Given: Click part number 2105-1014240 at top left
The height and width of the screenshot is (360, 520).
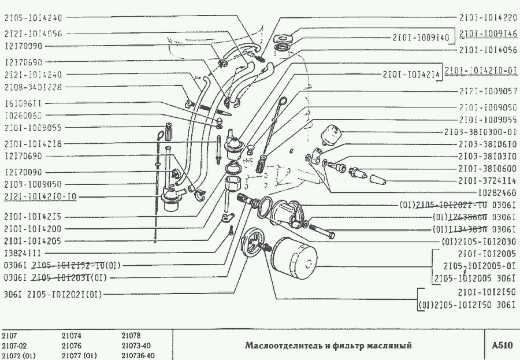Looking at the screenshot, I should [x=33, y=18].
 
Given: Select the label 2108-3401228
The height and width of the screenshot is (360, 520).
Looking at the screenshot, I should [x=33, y=87].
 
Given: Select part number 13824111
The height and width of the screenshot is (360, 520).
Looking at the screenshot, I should [x=23, y=253].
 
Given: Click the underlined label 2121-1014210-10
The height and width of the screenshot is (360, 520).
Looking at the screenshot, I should [x=40, y=197].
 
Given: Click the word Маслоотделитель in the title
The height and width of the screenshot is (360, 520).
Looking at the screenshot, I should [x=280, y=346].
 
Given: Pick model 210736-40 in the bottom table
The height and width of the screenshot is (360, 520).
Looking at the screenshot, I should [x=138, y=355].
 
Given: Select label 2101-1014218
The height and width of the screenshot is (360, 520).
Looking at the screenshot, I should [x=33, y=143].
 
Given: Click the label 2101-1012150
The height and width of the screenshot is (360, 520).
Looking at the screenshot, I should [x=485, y=293].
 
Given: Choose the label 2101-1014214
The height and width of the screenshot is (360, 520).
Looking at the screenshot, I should [x=411, y=74].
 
